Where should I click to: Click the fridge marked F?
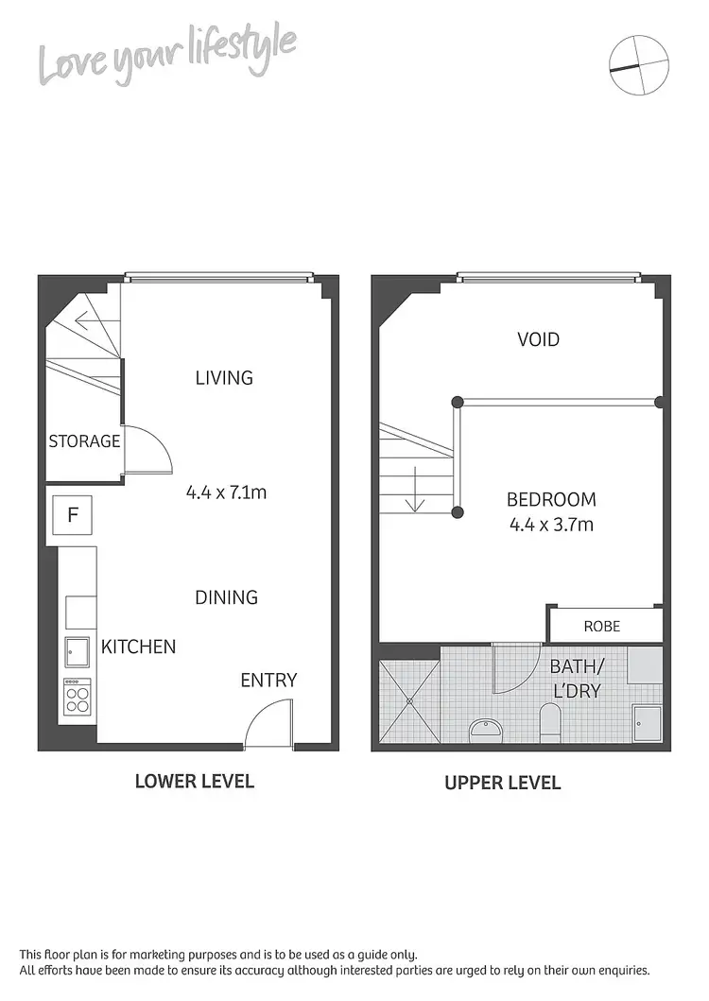73,516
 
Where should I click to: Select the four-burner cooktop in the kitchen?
77,699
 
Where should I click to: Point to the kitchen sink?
76,651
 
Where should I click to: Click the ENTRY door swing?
266,725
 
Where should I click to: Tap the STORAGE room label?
84,441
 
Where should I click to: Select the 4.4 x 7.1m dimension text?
231,492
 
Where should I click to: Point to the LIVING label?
224,378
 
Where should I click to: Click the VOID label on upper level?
538,339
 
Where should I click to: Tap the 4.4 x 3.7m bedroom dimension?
550,525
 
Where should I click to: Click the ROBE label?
601,626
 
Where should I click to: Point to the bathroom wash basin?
485,729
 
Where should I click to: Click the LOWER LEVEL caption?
194,781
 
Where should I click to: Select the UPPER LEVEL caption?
502,783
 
